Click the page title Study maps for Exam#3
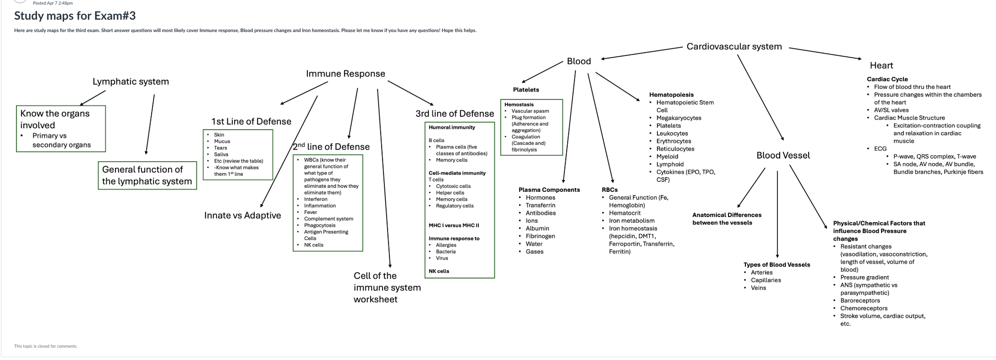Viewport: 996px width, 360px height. tap(75, 16)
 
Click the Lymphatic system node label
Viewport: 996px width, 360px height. tap(131, 82)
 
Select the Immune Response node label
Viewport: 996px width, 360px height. tap(345, 74)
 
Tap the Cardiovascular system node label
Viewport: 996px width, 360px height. tap(734, 46)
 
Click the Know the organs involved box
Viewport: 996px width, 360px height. tap(60, 128)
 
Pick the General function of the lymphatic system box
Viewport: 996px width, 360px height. tap(147, 175)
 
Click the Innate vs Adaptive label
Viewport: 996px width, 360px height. tap(242, 215)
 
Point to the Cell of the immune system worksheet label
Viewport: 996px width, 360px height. tap(387, 287)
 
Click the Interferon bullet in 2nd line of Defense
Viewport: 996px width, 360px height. tap(316, 199)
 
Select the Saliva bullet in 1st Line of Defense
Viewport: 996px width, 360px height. tap(221, 154)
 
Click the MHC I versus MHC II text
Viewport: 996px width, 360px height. tap(454, 225)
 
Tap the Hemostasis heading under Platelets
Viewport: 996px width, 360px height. tap(519, 104)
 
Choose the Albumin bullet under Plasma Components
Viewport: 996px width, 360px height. tap(537, 229)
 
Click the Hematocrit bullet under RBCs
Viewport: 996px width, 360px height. tap(624, 213)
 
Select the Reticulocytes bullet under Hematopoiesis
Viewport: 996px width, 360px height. tap(675, 149)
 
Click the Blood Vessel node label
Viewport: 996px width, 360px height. tap(783, 155)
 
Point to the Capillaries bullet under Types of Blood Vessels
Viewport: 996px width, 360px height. tap(766, 280)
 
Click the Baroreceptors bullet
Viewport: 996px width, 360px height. tap(860, 300)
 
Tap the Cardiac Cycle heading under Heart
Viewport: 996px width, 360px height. tap(887, 79)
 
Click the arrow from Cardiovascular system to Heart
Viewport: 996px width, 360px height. tap(825, 53)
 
